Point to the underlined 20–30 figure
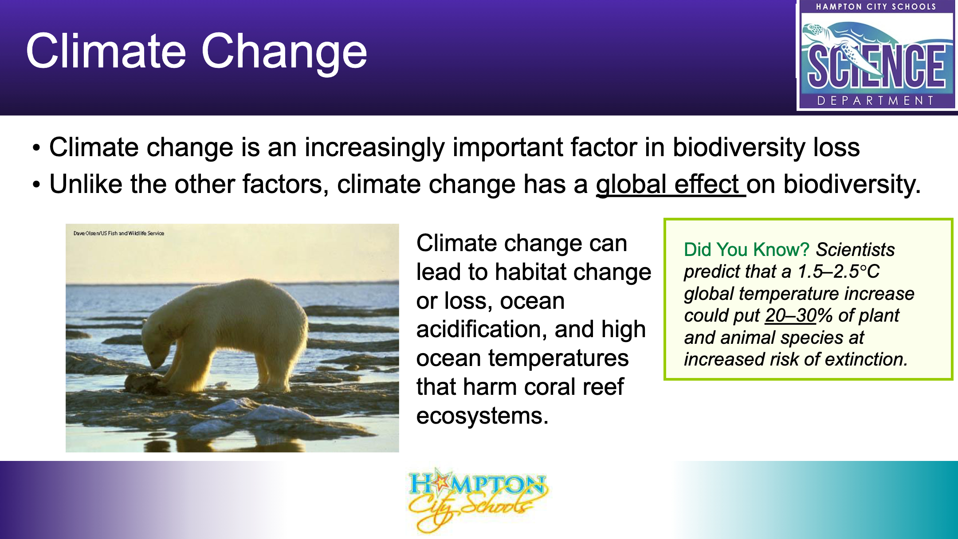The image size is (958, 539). point(791,315)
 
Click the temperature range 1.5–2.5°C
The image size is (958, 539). point(839,271)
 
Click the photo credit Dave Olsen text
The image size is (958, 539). point(119,233)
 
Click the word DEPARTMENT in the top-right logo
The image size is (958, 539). point(876,101)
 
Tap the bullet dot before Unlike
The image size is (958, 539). point(36,185)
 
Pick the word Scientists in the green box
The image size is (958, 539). point(855,250)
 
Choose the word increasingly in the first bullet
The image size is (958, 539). point(374,148)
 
